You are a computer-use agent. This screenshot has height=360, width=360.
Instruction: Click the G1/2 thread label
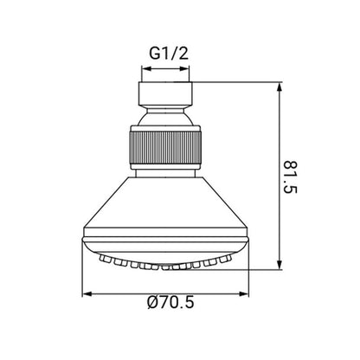(x=169, y=54)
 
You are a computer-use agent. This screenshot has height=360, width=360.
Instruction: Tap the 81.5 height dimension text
(x=290, y=177)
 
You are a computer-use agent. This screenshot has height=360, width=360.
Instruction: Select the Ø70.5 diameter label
(x=170, y=303)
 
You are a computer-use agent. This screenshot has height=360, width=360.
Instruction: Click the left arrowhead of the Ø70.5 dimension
(x=87, y=294)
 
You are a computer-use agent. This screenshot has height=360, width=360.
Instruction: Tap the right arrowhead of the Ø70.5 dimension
(x=244, y=294)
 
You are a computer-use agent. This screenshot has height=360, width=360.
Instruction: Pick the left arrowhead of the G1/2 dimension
(x=146, y=68)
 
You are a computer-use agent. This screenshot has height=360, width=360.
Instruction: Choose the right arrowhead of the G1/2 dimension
(x=184, y=68)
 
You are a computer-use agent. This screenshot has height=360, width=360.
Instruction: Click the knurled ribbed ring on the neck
(x=165, y=147)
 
